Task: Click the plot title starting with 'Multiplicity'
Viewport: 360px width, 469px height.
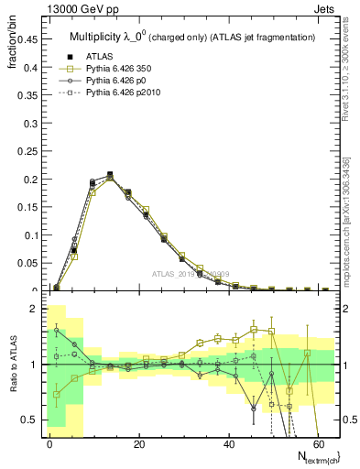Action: tap(192, 37)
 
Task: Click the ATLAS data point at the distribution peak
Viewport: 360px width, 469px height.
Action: tap(110, 174)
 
